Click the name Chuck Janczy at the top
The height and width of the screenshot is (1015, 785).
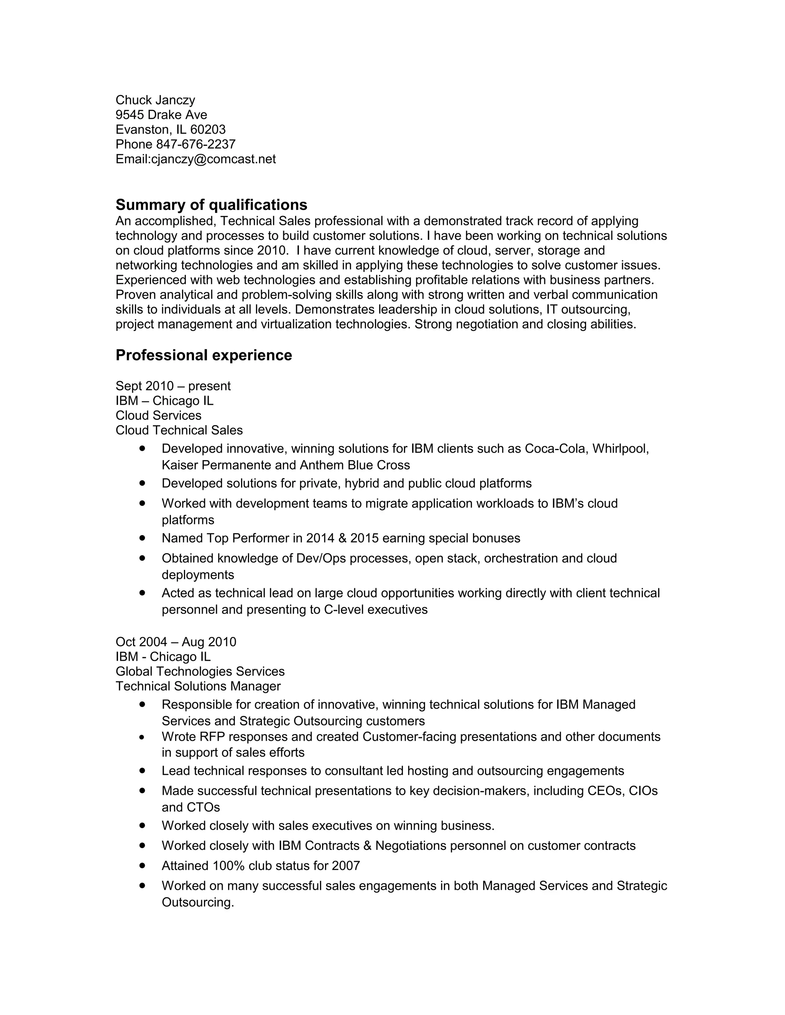click(155, 100)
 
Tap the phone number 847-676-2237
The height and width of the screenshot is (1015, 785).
click(196, 144)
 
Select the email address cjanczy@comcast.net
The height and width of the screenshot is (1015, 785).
click(213, 159)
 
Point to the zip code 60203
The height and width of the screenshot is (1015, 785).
click(208, 129)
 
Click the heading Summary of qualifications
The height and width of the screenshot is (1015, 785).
click(211, 205)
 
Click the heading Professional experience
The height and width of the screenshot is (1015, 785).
click(204, 355)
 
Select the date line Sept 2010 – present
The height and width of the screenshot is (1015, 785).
click(173, 386)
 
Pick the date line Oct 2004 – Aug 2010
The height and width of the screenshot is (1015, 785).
click(176, 642)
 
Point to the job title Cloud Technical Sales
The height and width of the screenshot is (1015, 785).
click(179, 431)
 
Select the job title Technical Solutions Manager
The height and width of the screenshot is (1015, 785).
click(198, 686)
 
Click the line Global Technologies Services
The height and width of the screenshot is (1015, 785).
click(200, 671)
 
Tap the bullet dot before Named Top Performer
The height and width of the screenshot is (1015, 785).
click(142, 538)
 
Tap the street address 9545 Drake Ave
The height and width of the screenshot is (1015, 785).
click(161, 115)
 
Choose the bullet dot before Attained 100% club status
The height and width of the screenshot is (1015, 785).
click(142, 865)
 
